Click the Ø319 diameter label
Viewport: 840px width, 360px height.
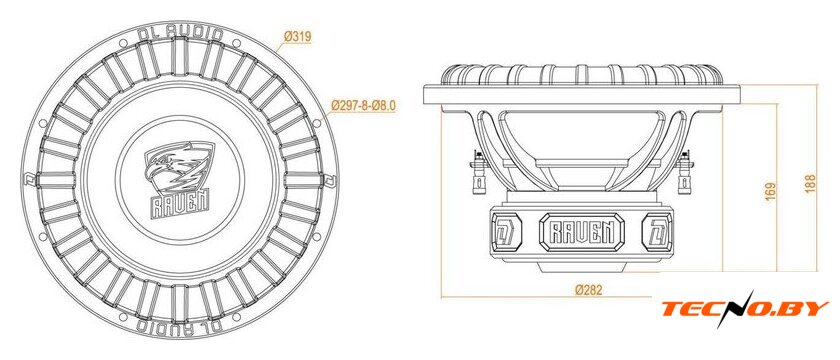point(297,37)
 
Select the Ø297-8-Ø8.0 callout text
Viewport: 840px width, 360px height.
point(363,106)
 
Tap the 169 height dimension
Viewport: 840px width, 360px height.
point(769,191)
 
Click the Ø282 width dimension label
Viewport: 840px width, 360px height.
point(589,290)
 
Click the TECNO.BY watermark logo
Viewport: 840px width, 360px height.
point(745,309)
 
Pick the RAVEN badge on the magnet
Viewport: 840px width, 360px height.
point(582,233)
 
